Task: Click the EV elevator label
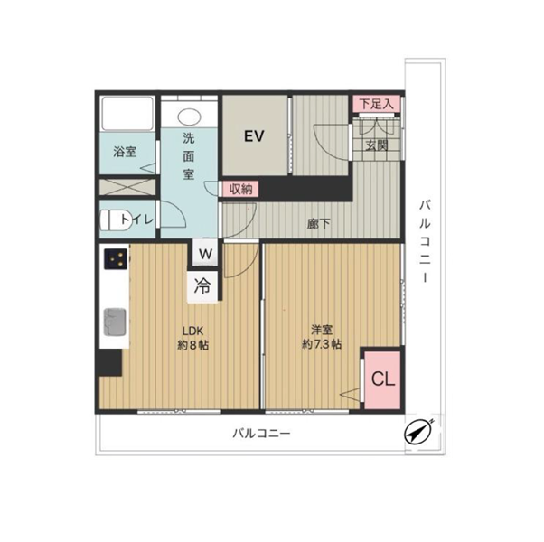(254, 135)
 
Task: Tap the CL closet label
(383, 379)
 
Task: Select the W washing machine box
(205, 253)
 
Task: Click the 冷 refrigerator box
(202, 286)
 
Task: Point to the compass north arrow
(419, 432)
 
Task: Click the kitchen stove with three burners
(116, 258)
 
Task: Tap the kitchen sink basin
(115, 322)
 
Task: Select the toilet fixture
(114, 220)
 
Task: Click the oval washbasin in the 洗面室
(189, 117)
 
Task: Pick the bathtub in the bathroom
(127, 114)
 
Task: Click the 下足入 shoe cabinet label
(377, 104)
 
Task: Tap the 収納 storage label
(240, 189)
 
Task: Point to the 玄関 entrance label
(377, 145)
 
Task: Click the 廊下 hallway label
(318, 224)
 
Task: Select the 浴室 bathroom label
(125, 152)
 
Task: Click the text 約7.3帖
(322, 344)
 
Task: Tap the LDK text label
(192, 331)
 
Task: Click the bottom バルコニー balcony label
(261, 433)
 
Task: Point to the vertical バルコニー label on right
(425, 241)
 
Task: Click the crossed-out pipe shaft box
(127, 187)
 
